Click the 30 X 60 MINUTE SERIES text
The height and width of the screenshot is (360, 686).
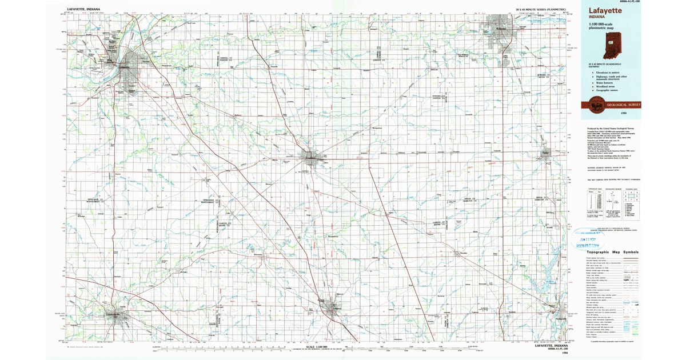point(544,10)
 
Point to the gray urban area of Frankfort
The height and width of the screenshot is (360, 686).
point(312,157)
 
